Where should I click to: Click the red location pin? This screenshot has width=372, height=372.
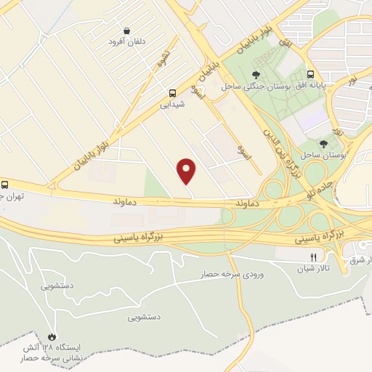187,171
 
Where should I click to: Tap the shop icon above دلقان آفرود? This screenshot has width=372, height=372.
128,31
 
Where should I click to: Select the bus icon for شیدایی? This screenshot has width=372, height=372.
172,93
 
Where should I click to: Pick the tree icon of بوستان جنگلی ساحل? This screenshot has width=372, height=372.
255,75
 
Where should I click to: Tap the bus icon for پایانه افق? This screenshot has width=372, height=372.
311,75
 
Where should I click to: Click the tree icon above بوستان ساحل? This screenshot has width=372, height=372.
323,144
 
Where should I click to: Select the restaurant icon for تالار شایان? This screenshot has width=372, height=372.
314,256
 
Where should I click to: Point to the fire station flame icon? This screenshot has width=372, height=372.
52,336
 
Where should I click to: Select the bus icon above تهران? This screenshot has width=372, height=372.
4,185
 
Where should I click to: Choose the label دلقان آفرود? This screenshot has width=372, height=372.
126,42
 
